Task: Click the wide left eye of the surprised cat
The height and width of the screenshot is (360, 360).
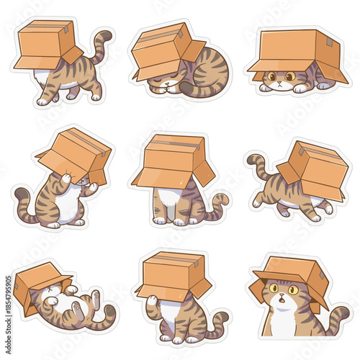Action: click(x=275, y=289)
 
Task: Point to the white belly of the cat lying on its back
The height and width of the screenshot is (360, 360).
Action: click(x=61, y=302)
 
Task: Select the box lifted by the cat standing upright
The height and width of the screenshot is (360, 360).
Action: click(x=76, y=153)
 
